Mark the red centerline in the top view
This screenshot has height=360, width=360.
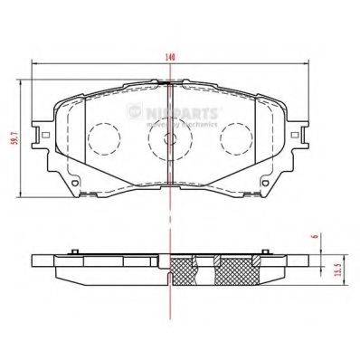(x=171, y=163)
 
